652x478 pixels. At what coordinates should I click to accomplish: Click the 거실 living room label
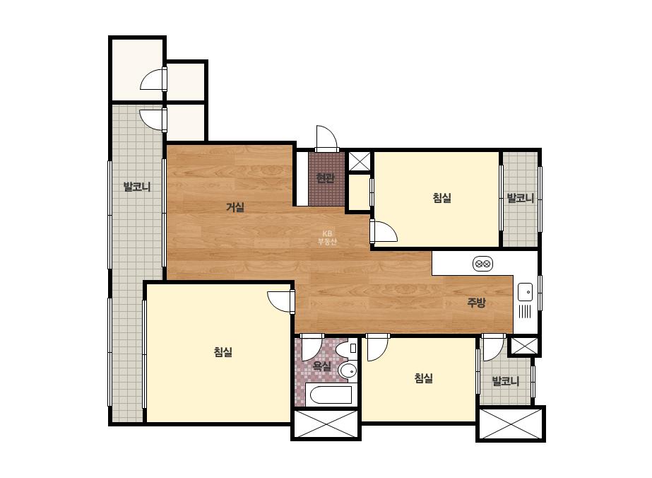pos(235,207)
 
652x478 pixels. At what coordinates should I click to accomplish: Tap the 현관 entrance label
pos(325,178)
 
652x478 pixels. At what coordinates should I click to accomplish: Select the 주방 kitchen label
pos(476,303)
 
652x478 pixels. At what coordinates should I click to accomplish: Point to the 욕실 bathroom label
pos(322,366)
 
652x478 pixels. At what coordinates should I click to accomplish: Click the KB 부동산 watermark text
pos(327,238)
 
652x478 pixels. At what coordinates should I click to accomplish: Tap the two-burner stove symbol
pos(482,264)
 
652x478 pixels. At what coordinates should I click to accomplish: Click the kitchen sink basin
pos(525,291)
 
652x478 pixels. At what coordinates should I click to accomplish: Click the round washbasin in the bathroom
pos(348,370)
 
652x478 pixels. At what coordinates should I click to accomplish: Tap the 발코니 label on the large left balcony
pos(137,187)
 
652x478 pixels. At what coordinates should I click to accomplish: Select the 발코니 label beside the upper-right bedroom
pos(521,198)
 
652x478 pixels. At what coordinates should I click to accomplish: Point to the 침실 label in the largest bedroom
pos(223,352)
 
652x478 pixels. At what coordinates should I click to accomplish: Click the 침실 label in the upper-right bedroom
pos(442,198)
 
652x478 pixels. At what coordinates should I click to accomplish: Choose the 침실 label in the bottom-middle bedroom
pos(424,378)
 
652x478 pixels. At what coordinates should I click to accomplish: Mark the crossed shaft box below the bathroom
pos(326,424)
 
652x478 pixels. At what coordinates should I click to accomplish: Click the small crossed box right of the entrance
pos(360,161)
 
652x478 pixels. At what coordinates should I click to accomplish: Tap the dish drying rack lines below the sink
pos(525,311)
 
